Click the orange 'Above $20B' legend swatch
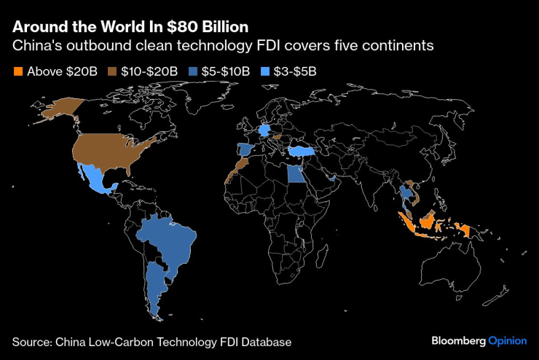tap(17, 71)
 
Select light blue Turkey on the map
tap(302, 151)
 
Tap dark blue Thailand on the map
tap(403, 195)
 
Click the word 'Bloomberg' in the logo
tap(459, 341)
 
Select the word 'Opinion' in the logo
tap(508, 341)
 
